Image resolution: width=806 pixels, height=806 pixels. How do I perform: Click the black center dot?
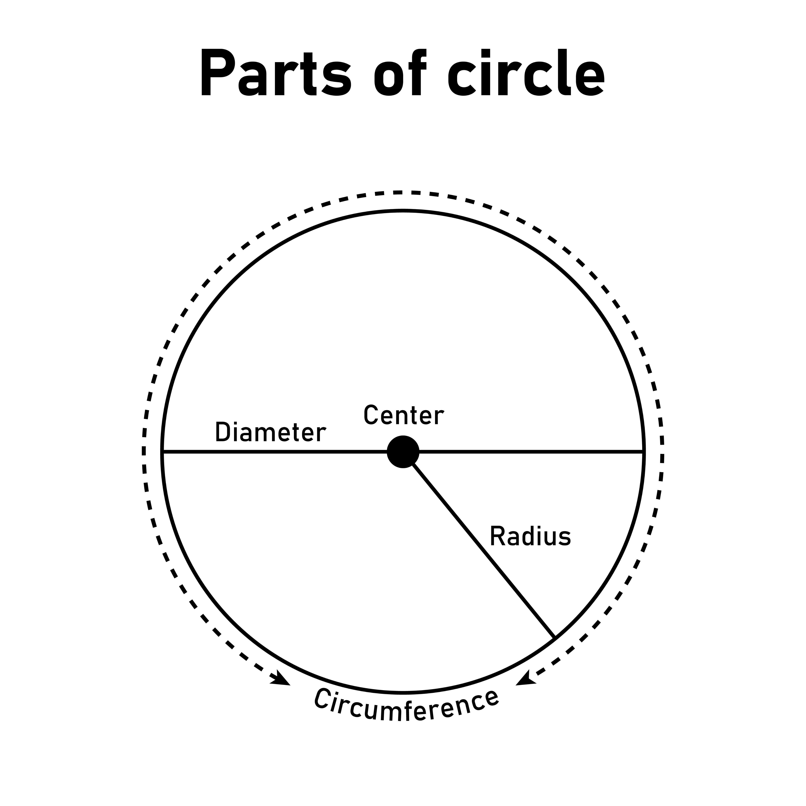[403, 452]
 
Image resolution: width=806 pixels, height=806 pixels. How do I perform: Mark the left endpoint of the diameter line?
[163, 452]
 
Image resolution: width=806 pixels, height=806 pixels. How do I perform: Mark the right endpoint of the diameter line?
[644, 452]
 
